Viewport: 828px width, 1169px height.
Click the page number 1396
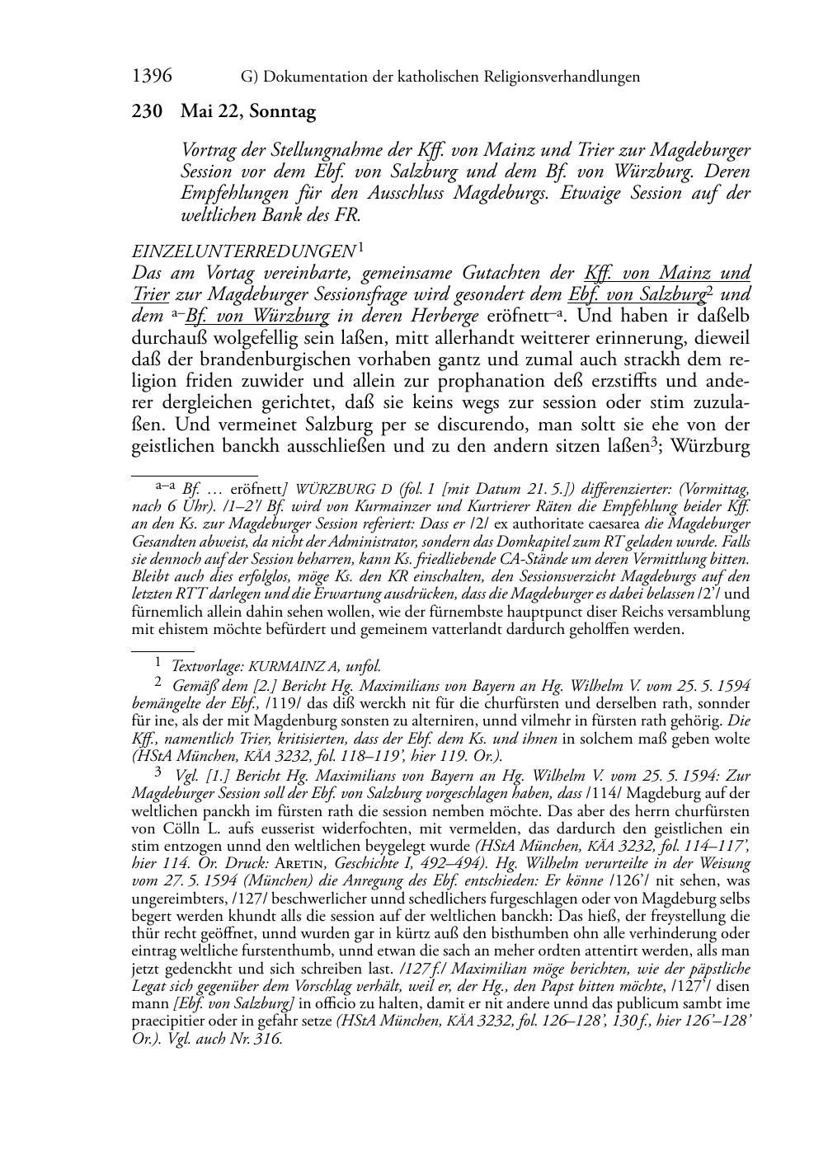point(152,77)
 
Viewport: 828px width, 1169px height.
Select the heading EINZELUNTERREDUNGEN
point(242,251)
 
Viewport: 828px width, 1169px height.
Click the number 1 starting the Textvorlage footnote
point(158,664)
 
